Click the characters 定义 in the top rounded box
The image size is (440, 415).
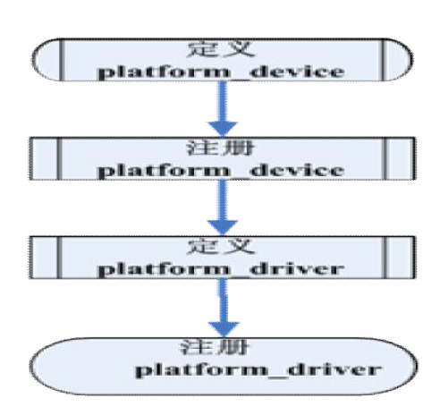(221, 49)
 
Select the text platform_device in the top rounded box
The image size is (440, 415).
(221, 72)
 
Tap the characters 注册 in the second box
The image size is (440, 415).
(220, 148)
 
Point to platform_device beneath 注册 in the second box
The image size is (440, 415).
(221, 171)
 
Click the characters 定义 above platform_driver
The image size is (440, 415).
(221, 246)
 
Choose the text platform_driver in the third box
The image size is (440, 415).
(221, 269)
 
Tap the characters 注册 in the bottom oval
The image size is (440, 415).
(215, 347)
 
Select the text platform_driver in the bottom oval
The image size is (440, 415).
(258, 370)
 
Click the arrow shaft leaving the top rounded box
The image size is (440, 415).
(223, 101)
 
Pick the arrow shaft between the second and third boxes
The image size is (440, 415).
(223, 200)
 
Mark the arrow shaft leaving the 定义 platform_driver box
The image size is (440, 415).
(224, 301)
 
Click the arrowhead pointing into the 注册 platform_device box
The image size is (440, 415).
(223, 129)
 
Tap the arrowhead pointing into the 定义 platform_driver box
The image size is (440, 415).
(223, 228)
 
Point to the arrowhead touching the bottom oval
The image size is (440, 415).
(224, 329)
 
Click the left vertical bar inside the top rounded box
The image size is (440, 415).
(62, 60)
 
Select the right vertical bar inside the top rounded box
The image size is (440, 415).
(384, 60)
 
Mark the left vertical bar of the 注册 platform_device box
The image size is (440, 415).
(59, 158)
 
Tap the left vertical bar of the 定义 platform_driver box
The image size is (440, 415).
(59, 258)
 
